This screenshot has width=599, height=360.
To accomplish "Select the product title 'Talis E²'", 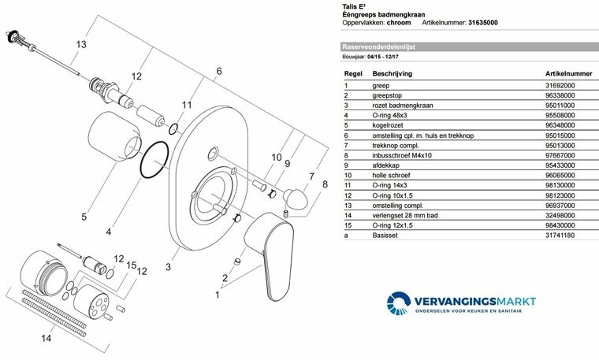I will click(x=351, y=5).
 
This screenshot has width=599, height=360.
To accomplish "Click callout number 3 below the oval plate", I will click(x=168, y=268).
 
